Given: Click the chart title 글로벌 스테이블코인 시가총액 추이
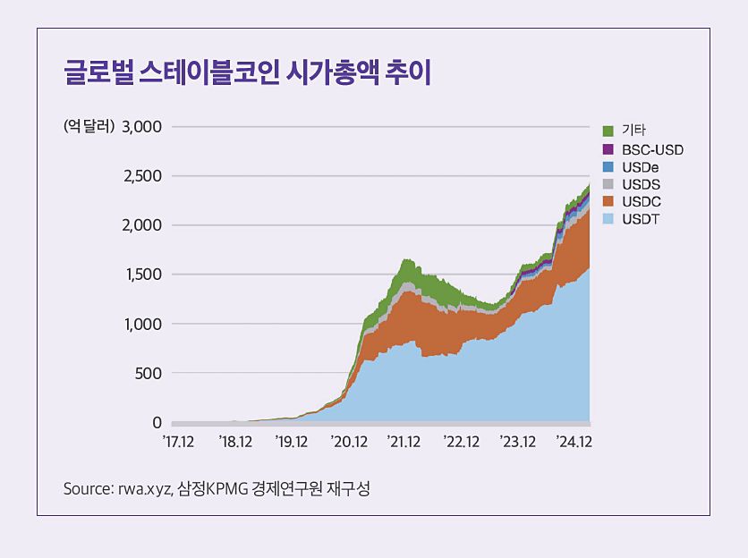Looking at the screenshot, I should point(248,73).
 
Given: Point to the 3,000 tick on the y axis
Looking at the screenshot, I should point(141,126).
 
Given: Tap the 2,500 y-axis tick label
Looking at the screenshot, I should point(141,175).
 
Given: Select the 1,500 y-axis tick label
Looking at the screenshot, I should point(141,275).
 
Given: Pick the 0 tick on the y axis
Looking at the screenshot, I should point(157,422).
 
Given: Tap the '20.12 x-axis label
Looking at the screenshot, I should point(349,441).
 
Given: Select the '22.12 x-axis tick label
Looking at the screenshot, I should point(462,441).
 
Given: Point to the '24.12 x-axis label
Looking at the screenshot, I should point(574,441).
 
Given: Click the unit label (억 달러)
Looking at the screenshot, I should point(89,126).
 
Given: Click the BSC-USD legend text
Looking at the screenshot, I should point(652,149).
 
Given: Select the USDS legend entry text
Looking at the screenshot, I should point(641,184).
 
